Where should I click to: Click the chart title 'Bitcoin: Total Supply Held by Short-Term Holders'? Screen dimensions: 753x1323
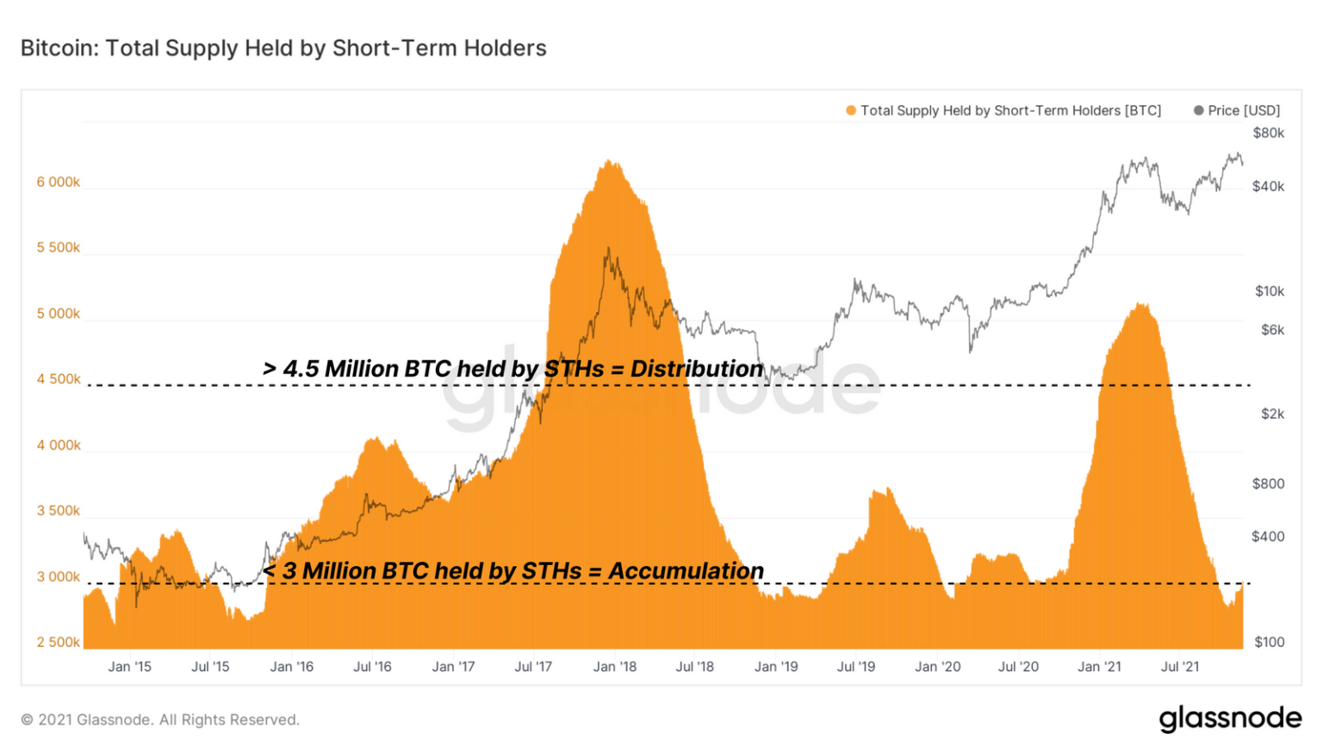click(283, 48)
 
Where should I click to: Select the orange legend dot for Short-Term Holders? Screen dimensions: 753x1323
click(851, 110)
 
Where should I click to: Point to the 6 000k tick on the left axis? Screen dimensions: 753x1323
click(58, 182)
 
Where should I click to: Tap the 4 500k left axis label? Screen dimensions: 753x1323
click(58, 379)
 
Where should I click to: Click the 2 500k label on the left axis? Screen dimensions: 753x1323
click(58, 642)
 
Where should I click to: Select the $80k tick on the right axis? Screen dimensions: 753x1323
click(1268, 133)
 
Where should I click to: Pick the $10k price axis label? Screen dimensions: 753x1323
click(1269, 291)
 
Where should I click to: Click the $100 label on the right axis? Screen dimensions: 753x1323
click(1269, 642)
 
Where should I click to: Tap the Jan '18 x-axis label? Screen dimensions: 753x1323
click(614, 667)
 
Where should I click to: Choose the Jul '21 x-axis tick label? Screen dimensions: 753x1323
click(1179, 667)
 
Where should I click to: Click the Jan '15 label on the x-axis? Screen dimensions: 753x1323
click(129, 667)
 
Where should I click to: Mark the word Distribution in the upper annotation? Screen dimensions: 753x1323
click(696, 369)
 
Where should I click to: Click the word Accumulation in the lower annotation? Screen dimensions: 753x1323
click(686, 571)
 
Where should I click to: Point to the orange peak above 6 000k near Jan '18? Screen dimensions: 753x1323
click(610, 164)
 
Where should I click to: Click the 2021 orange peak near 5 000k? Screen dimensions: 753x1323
click(1141, 307)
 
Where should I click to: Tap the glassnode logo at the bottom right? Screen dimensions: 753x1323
click(1229, 719)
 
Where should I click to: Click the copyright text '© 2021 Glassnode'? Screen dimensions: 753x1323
click(160, 719)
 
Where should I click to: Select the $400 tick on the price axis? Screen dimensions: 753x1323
click(1268, 537)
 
